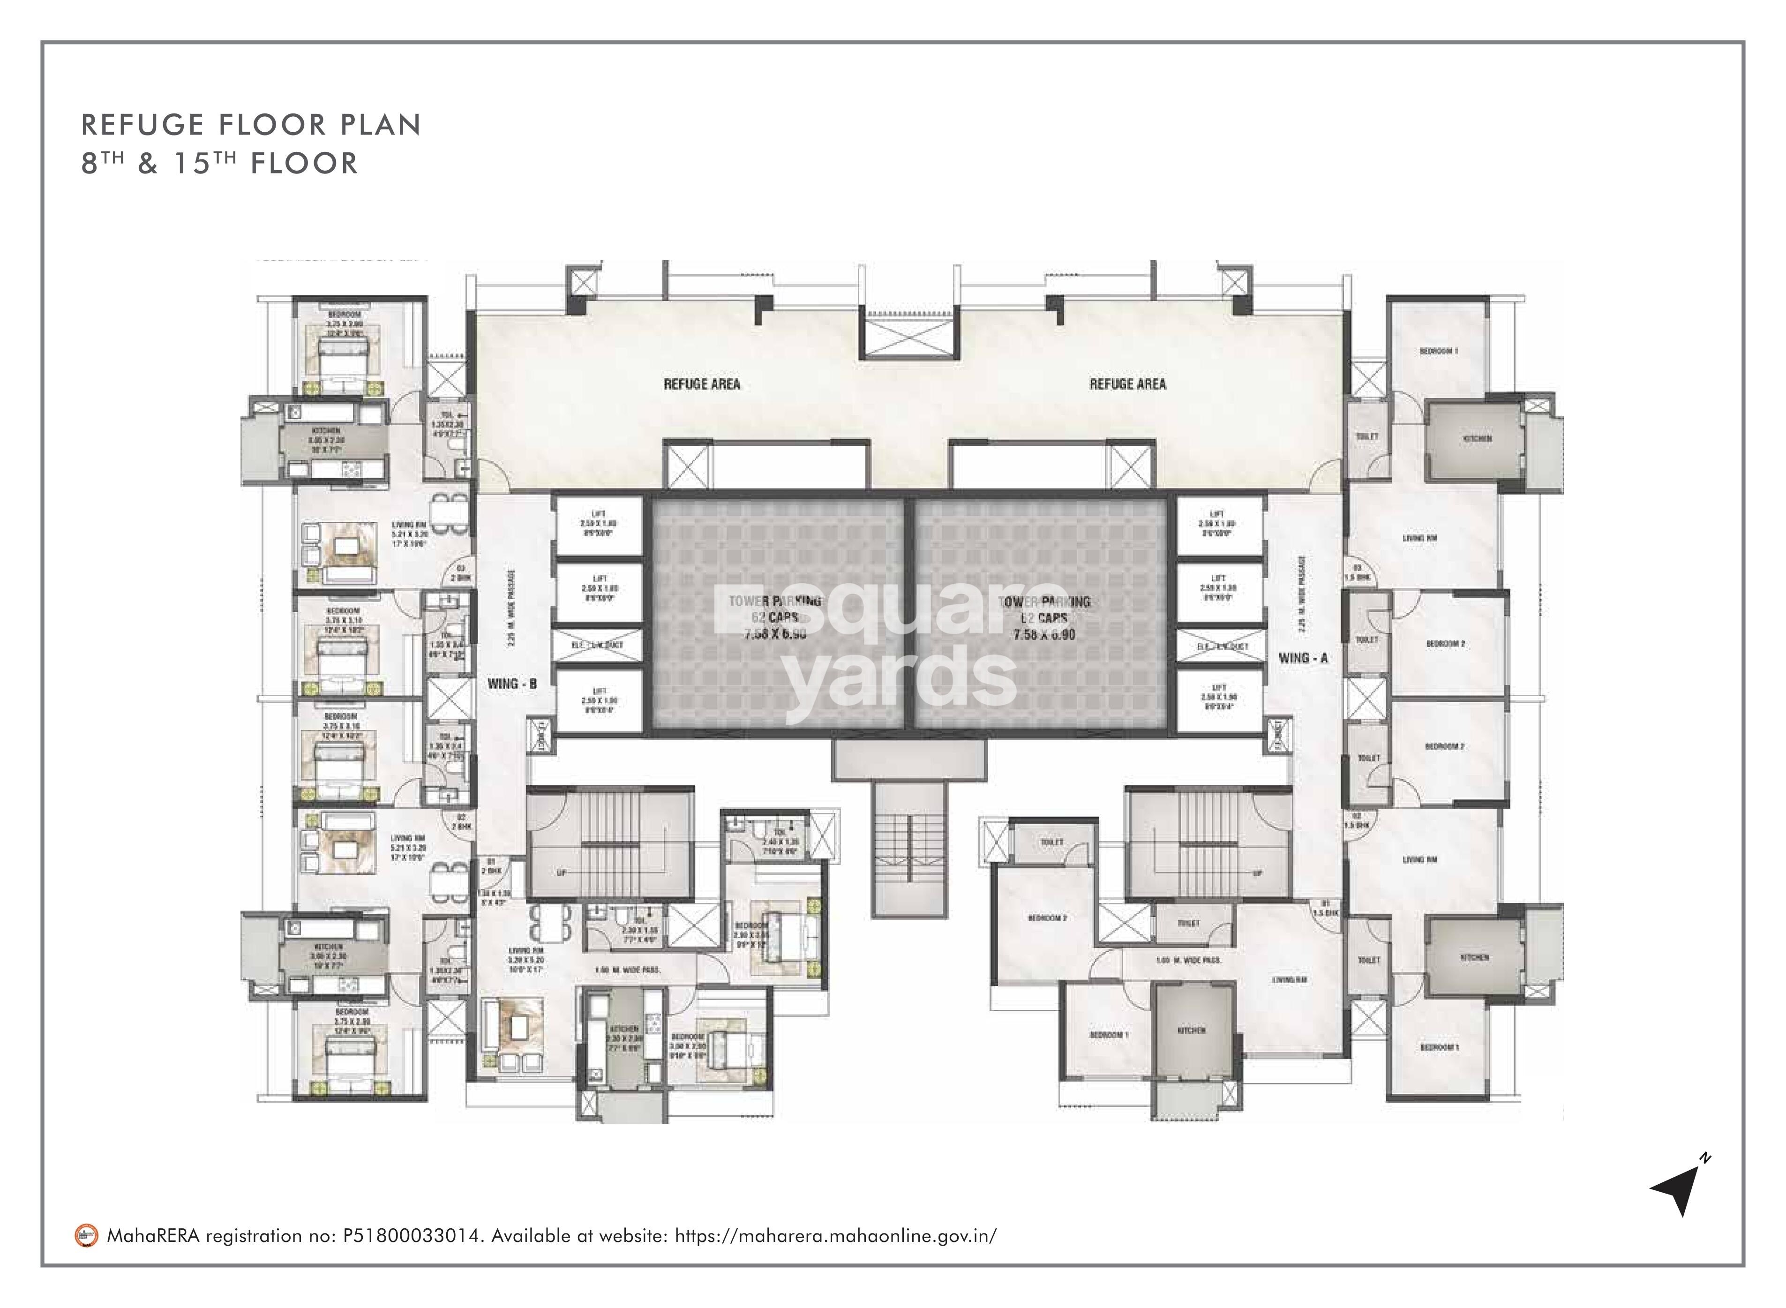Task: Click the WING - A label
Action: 1302,658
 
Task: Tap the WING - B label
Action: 512,683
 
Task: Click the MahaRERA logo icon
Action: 86,1235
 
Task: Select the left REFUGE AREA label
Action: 701,384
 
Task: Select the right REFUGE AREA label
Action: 1127,384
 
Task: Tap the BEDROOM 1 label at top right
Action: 1439,351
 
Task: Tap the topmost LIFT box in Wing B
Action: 599,524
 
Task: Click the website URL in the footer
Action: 835,1235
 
